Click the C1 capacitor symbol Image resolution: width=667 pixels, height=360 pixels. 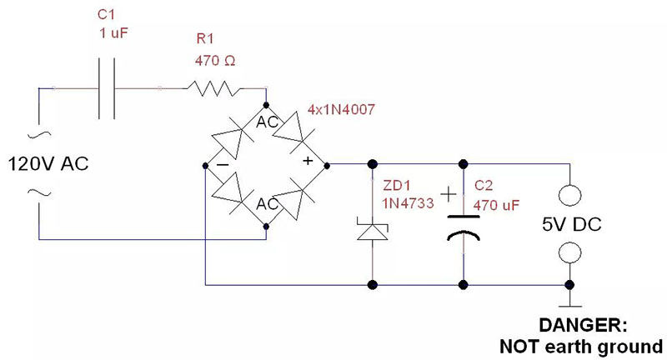tap(108, 87)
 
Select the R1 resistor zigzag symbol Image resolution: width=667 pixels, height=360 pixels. tap(213, 87)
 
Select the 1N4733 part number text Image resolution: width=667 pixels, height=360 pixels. tap(408, 202)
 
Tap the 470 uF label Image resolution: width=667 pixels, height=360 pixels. tap(497, 202)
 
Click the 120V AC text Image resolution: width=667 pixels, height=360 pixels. tap(48, 163)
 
